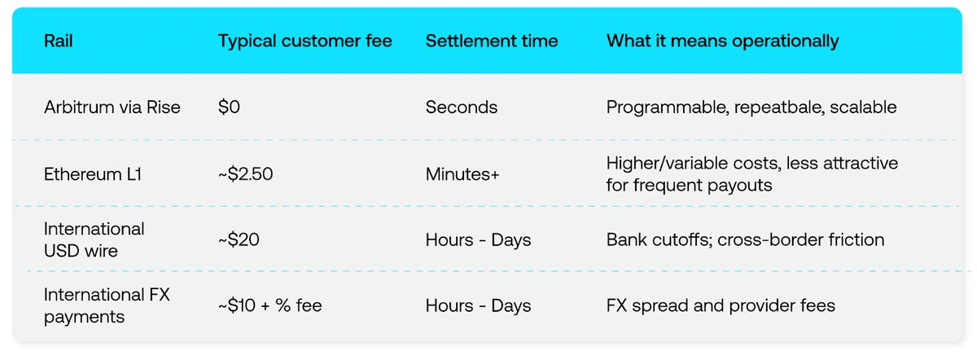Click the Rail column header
tap(59, 41)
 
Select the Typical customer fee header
tap(304, 41)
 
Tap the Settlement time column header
tap(492, 41)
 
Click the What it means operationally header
tap(722, 41)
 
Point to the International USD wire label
tap(94, 239)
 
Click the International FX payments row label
tap(107, 305)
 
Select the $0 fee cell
tap(230, 108)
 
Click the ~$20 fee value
tap(239, 239)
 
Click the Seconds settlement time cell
tap(461, 108)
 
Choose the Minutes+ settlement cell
tap(462, 173)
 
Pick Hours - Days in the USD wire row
tap(478, 239)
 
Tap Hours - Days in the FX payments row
tap(478, 305)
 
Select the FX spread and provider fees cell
tap(721, 305)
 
